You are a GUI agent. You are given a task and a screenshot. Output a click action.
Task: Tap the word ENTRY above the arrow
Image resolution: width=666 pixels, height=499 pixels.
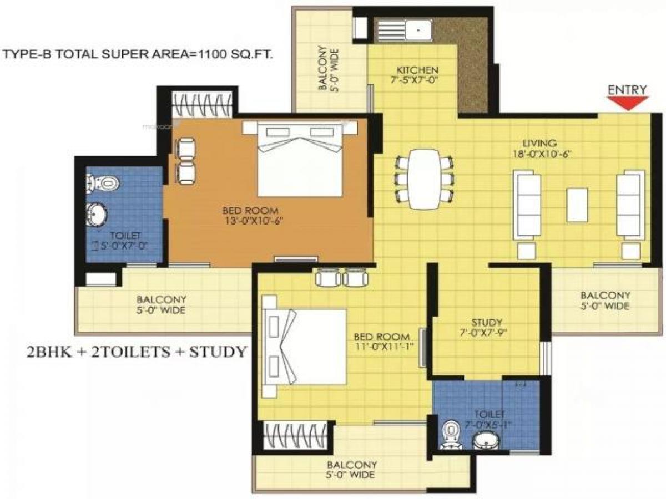tap(628, 90)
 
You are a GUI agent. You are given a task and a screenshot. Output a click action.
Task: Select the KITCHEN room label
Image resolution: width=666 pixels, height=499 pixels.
tap(417, 70)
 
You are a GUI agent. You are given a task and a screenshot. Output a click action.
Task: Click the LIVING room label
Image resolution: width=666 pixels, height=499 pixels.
tap(543, 144)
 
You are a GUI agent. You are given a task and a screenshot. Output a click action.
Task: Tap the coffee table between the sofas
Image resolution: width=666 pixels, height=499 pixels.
tap(577, 205)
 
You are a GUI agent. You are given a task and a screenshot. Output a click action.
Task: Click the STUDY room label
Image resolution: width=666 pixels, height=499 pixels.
tap(487, 322)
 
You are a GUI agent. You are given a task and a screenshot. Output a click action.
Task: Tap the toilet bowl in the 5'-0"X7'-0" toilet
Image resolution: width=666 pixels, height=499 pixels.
tap(103, 182)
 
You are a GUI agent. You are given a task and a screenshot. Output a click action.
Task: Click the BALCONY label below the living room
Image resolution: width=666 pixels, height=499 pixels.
tap(605, 296)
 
